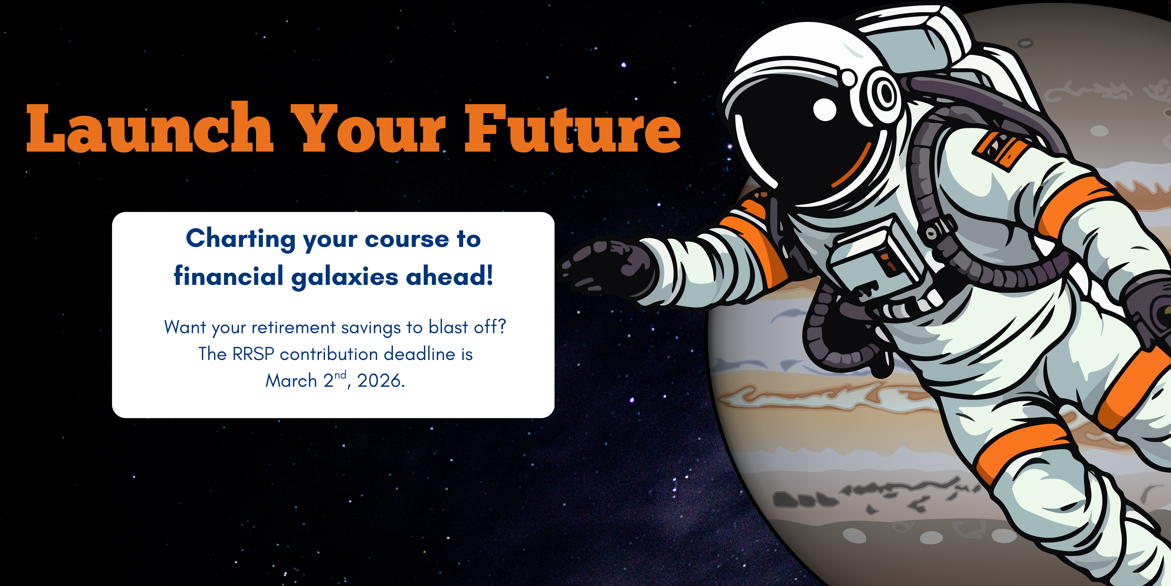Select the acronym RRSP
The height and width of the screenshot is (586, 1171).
(x=253, y=354)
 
